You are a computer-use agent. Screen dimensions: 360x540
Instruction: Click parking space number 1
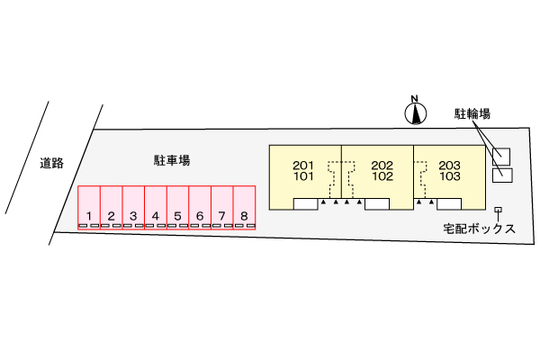[x=88, y=208]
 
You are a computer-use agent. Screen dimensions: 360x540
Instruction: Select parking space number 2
[x=111, y=208]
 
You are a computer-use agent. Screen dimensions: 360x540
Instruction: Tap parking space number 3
[x=133, y=208]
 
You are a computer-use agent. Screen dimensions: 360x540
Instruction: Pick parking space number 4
[x=156, y=208]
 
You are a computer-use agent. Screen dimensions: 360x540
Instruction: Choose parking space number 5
[x=177, y=208]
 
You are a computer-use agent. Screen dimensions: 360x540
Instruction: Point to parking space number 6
[x=200, y=208]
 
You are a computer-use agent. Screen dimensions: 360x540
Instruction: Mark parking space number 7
[x=222, y=208]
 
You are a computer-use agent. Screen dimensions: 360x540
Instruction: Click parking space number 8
[x=244, y=208]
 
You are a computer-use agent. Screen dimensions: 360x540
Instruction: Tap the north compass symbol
[x=414, y=111]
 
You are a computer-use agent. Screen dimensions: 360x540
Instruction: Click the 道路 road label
[x=51, y=163]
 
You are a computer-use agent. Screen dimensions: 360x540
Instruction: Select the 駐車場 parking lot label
[x=171, y=160]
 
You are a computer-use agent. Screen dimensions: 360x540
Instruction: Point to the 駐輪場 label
[x=472, y=113]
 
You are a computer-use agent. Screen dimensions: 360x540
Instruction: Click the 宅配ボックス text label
[x=479, y=229]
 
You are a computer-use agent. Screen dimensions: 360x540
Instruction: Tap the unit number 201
[x=304, y=165]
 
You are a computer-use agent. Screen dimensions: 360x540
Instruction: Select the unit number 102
[x=382, y=176]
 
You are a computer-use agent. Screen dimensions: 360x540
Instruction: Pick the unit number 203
[x=450, y=165]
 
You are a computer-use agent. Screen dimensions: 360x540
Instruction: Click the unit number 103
[x=450, y=176]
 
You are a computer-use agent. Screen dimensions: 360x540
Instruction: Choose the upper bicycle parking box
[x=501, y=156]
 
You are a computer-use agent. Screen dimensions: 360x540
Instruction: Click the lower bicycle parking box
[x=503, y=174]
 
